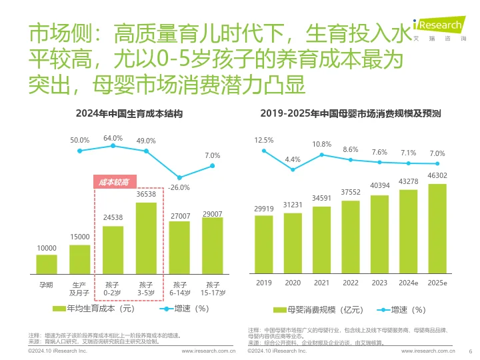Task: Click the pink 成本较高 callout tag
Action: pyautogui.click(x=113, y=181)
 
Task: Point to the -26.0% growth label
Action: pyautogui.click(x=179, y=188)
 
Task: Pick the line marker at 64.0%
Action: pyautogui.click(x=113, y=145)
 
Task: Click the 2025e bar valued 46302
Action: pyautogui.click(x=437, y=229)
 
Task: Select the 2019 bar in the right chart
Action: pyautogui.click(x=264, y=244)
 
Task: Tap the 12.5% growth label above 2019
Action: pyautogui.click(x=264, y=141)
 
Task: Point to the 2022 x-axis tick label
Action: pyautogui.click(x=350, y=283)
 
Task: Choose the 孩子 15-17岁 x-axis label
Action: pyautogui.click(x=212, y=289)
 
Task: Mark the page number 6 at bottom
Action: pyautogui.click(x=471, y=351)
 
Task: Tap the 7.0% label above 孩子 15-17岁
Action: pyautogui.click(x=212, y=155)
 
